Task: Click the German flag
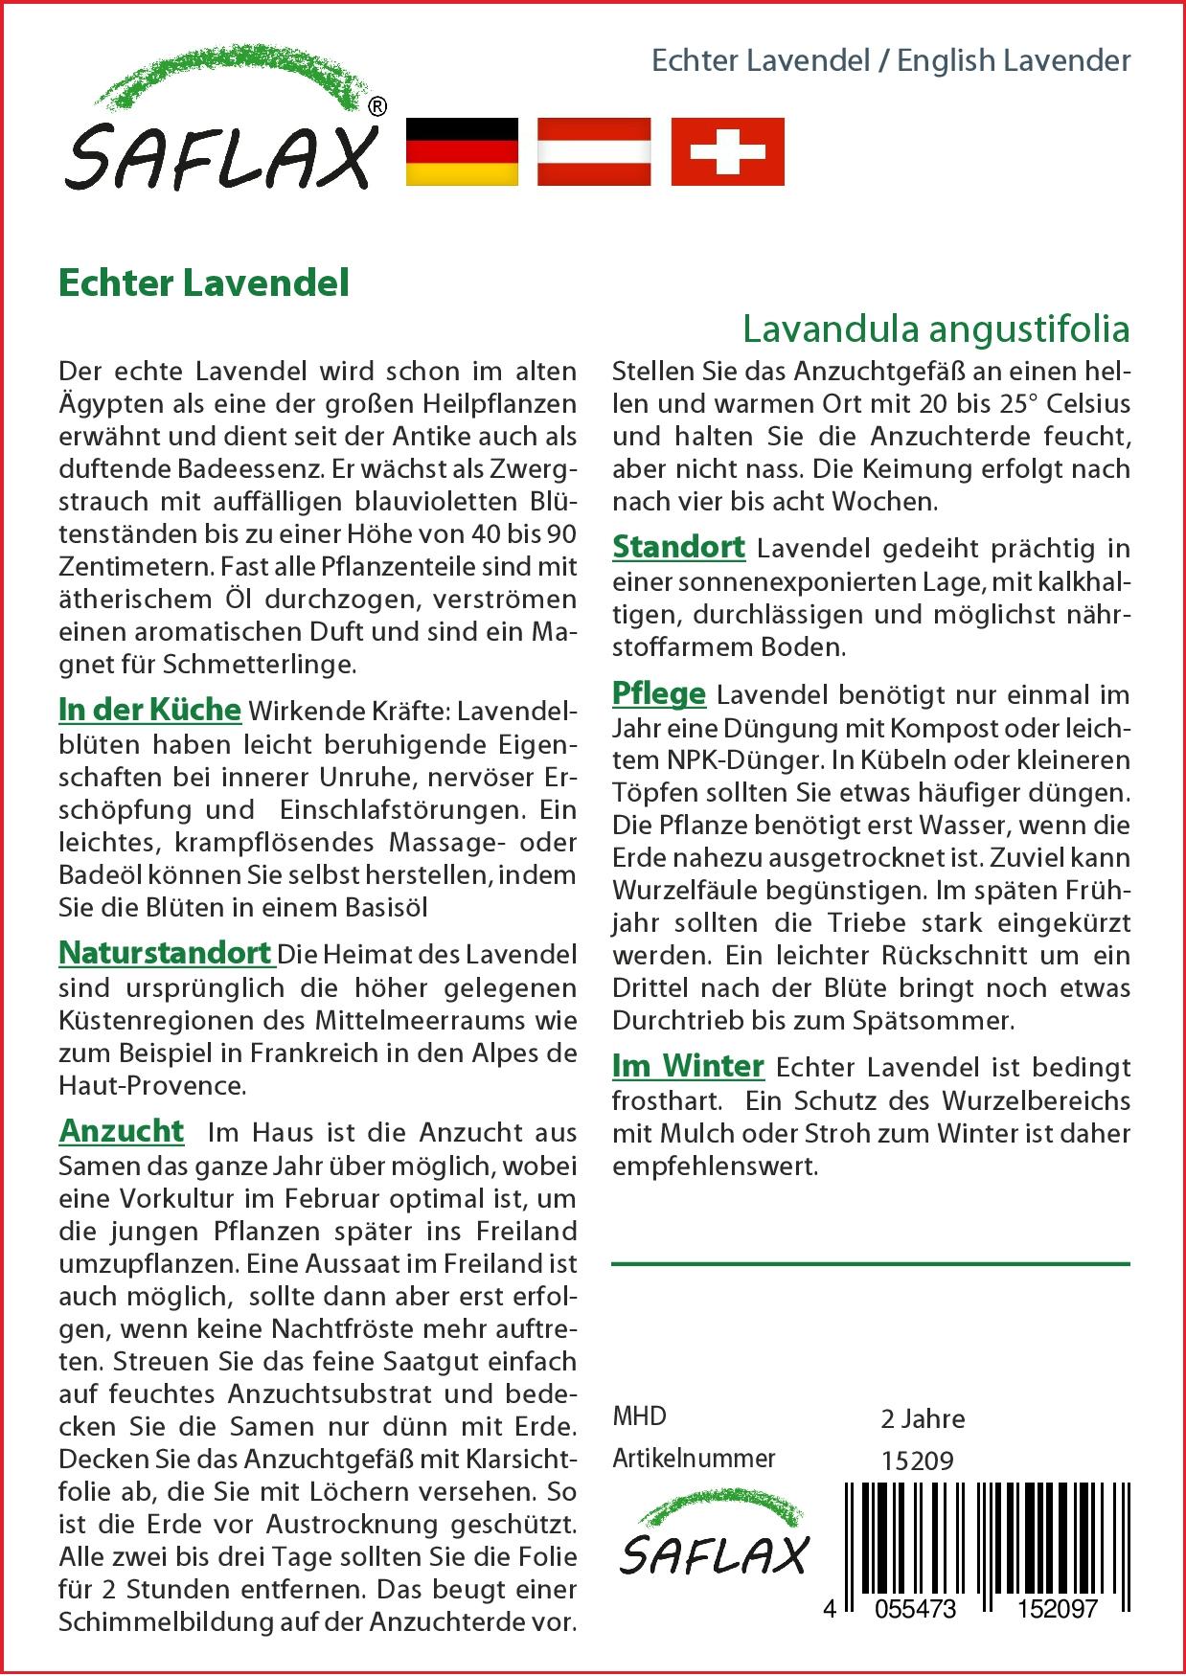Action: [x=462, y=151]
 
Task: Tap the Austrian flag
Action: [x=594, y=151]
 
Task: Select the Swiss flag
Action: [x=727, y=151]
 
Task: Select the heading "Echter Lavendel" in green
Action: [x=204, y=283]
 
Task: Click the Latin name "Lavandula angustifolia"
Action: [x=936, y=328]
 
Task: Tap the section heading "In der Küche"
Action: [x=149, y=710]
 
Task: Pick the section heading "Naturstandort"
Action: [x=166, y=953]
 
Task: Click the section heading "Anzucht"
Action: [x=121, y=1131]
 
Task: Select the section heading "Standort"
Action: [x=678, y=547]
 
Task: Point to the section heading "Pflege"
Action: [x=658, y=693]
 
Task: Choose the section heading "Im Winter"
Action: [x=688, y=1066]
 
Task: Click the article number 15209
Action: [x=917, y=1461]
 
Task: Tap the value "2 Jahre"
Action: [x=923, y=1418]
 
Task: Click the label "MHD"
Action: [x=639, y=1416]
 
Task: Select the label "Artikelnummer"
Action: [x=694, y=1459]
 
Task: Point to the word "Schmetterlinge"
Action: [x=261, y=664]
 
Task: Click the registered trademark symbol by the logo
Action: [x=377, y=106]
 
